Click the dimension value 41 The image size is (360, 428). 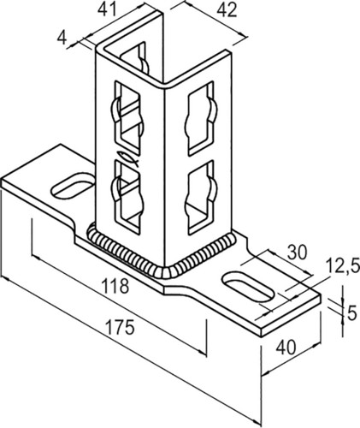[x=108, y=10]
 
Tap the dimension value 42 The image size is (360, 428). [x=227, y=11]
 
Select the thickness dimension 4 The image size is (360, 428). [x=62, y=38]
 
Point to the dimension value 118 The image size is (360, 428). [x=115, y=286]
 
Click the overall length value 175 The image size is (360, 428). [x=120, y=327]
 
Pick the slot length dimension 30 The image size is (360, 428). [x=298, y=253]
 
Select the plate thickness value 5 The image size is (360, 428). [x=352, y=313]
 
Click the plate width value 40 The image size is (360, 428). [x=286, y=347]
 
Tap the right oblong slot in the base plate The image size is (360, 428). [x=248, y=287]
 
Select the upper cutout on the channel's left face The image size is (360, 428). [x=127, y=118]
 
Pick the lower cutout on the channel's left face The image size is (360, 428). [x=127, y=196]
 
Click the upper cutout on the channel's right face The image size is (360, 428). [x=200, y=118]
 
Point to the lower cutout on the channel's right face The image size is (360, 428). [x=201, y=198]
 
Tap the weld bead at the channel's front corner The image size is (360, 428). [x=165, y=271]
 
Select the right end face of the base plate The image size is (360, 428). [x=291, y=316]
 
